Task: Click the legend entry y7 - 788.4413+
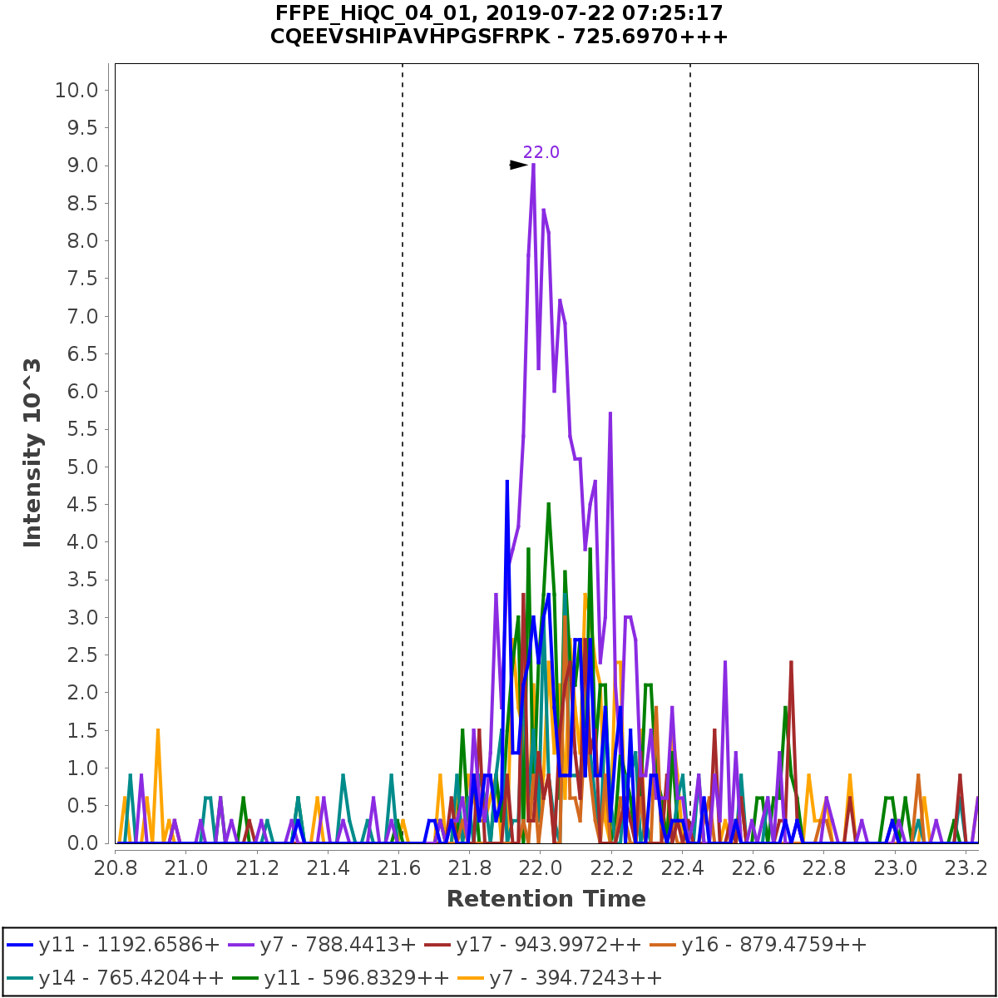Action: tap(338, 946)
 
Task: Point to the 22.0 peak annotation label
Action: tap(541, 152)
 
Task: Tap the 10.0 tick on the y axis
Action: tap(77, 90)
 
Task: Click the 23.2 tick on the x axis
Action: tap(965, 868)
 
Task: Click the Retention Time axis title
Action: tap(546, 899)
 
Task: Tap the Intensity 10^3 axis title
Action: tap(32, 452)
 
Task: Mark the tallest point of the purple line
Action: tap(533, 165)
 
